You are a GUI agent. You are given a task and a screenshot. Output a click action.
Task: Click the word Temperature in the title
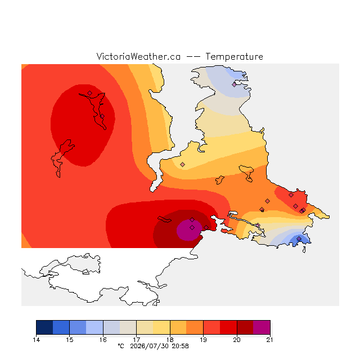coord(234,56)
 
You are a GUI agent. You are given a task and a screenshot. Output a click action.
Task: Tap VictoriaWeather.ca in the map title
coord(138,56)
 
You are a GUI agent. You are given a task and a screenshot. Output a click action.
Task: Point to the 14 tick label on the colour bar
coord(36,340)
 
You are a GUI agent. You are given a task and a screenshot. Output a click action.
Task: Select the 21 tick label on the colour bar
coord(269,340)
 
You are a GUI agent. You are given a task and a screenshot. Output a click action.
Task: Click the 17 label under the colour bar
coord(136,340)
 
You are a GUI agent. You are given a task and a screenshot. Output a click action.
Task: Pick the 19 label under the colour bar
coord(203,340)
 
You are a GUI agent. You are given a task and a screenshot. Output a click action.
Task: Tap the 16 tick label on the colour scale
coord(103,340)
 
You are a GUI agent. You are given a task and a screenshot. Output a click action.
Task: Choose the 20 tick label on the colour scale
coord(237,340)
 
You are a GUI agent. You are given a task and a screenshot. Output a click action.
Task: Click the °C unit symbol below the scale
coord(121,346)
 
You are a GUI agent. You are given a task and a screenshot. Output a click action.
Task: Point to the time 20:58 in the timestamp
coord(180,346)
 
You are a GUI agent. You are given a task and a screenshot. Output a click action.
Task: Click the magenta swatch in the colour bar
coord(262,327)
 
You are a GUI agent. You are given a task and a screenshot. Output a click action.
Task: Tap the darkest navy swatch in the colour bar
coord(44,327)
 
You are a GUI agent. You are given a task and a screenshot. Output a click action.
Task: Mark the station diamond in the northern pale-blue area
coord(234,85)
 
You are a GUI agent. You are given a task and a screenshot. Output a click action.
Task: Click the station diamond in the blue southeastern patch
coord(299,238)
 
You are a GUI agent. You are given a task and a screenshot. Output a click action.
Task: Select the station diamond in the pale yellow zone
coord(182,164)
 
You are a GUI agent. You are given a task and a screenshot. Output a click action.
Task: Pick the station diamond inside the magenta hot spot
coord(192,227)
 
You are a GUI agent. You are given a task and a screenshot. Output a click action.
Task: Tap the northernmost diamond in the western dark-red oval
coord(90,93)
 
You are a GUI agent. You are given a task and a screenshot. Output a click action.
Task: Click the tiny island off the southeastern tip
coord(304,250)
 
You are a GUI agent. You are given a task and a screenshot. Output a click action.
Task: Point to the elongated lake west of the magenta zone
coord(164,219)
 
